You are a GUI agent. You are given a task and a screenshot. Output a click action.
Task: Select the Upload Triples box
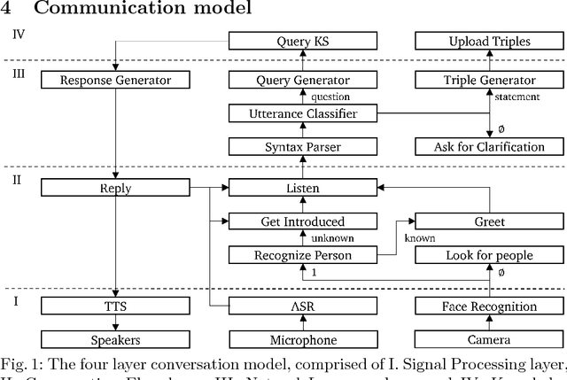[x=489, y=41]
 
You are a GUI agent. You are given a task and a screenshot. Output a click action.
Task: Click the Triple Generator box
[x=489, y=80]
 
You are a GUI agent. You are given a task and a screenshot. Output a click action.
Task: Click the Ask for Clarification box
[x=489, y=146]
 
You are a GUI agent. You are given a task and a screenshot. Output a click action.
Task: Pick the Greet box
[x=489, y=221]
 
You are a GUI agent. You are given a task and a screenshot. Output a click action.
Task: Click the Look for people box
[x=489, y=255]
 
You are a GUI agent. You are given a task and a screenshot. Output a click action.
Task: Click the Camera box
[x=489, y=340]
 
